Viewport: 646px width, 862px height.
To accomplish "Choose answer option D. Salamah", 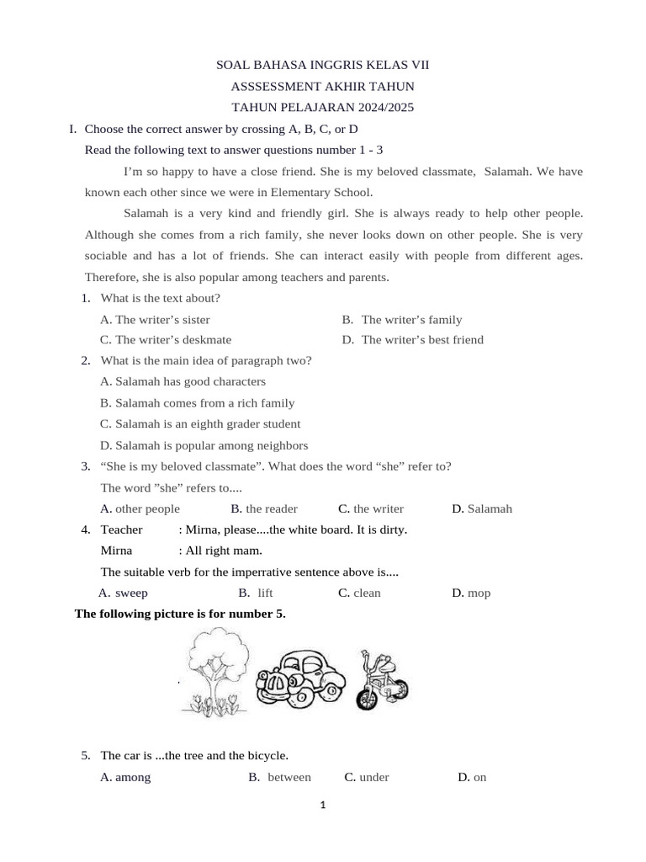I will point(482,508).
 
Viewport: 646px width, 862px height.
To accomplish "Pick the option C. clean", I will point(359,593).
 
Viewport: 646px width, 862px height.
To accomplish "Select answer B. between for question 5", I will point(280,777).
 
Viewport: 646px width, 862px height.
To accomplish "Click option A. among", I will point(125,777).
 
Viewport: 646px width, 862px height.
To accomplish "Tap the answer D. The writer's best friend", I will point(413,340).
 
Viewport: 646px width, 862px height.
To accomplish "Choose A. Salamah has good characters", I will point(183,381).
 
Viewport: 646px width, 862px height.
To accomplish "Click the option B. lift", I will point(257,593).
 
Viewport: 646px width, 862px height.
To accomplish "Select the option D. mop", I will point(471,593).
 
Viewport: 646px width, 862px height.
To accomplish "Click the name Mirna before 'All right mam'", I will point(116,551).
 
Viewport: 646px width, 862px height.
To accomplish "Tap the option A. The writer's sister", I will point(155,319).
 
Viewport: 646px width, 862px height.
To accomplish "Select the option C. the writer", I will point(371,508).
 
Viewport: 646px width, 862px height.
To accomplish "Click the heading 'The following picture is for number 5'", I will point(180,614).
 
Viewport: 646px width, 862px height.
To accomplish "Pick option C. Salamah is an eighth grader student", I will point(199,423).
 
